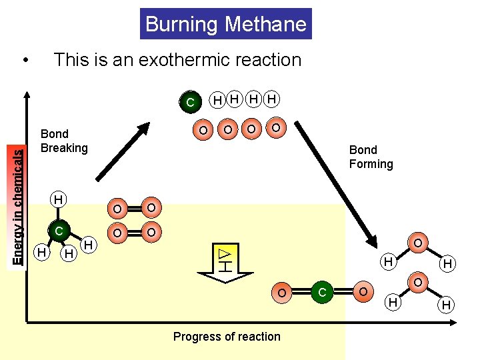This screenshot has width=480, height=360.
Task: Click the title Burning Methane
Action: tap(226, 25)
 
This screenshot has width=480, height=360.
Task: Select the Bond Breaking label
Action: tap(64, 141)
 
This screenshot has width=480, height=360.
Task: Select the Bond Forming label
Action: tap(371, 157)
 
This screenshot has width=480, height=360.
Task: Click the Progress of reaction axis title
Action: tap(227, 337)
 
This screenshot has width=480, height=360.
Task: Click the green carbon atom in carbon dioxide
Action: tap(322, 292)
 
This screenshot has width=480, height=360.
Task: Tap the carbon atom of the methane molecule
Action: tap(59, 231)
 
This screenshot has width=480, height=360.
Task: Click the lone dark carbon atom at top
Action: tap(190, 102)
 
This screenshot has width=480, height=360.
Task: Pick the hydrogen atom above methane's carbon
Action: tap(59, 199)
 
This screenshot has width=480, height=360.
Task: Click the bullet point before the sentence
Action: tap(25, 61)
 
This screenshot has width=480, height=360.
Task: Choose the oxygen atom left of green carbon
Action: tap(283, 292)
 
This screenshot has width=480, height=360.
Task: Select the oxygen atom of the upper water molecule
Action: tap(417, 243)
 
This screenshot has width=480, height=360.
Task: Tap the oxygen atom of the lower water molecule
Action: tap(417, 283)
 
